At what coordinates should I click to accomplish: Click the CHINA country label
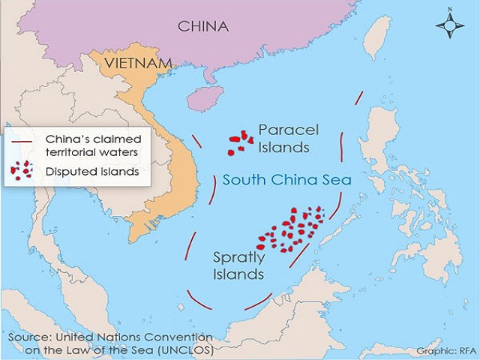202,26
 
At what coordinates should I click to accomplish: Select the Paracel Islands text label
283,139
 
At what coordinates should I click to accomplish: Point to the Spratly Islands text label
237,265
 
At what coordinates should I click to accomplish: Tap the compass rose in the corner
449,27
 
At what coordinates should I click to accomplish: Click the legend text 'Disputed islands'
92,171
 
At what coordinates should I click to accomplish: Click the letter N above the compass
449,10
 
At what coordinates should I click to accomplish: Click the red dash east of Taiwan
358,100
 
